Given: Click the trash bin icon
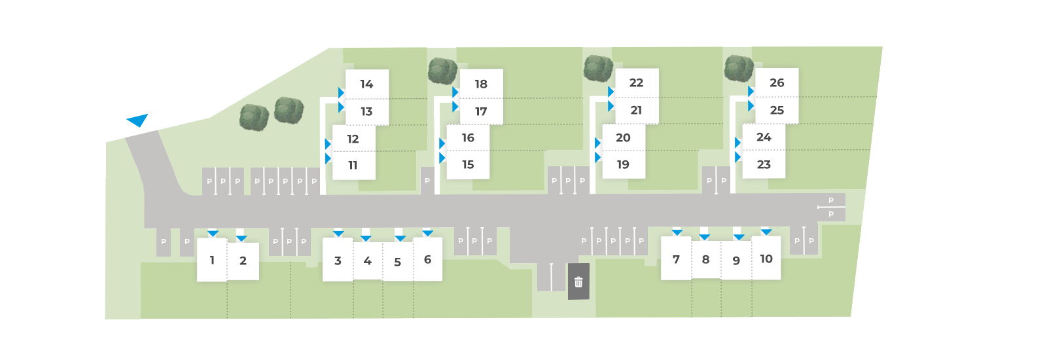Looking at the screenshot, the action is point(578,282).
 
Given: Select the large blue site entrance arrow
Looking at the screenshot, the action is point(138,120).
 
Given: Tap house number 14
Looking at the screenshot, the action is point(367,84).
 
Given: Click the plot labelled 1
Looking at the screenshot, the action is point(212,260).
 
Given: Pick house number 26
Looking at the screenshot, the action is point(777,82).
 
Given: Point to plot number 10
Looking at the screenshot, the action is point(766,258).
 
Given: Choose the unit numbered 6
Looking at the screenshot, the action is point(428,259).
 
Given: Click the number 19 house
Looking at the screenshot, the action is point(624,164).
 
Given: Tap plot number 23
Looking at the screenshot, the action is point(764,164).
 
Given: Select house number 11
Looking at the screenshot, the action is point(353,166).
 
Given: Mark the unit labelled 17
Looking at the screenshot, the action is point(481,111).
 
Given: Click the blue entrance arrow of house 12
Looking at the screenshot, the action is point(328,143).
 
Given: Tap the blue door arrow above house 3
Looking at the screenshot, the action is point(338,233).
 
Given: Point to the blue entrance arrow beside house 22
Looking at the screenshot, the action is point(611,92).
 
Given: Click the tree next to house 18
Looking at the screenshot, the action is point(442,71).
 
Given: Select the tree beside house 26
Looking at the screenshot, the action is point(739,68).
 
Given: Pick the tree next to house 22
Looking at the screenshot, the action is point(598,68).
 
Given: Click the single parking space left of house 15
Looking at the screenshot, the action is point(427,181).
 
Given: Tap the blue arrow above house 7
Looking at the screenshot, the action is point(677,232).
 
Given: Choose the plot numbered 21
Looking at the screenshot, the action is point(637,111).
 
